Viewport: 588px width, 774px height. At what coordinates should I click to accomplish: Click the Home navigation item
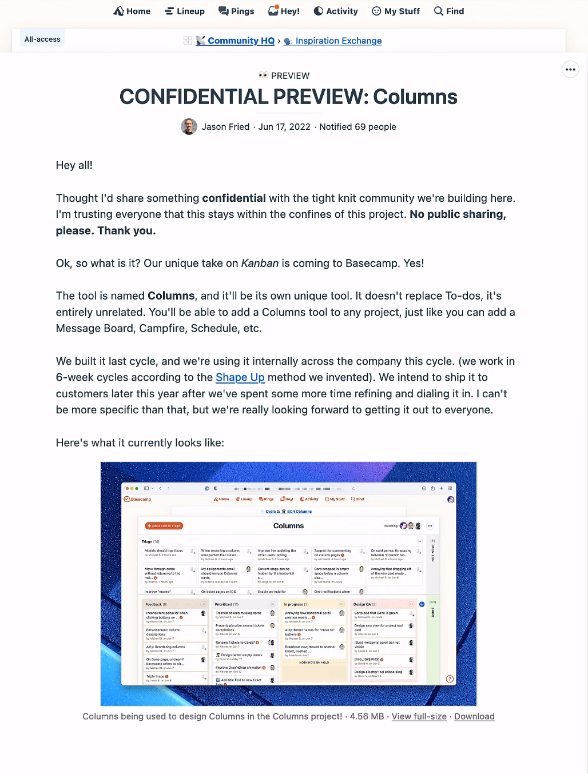point(132,11)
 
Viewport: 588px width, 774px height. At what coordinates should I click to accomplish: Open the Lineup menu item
point(185,11)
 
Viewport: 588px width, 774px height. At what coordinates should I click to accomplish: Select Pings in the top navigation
point(236,11)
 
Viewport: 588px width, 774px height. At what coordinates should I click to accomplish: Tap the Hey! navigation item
point(284,11)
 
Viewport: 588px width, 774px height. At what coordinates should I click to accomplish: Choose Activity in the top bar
point(336,11)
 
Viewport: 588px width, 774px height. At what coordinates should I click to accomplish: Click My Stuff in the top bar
point(396,11)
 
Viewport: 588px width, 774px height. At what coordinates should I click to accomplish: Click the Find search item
point(449,11)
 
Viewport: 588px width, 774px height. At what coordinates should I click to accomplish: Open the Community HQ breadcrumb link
point(240,41)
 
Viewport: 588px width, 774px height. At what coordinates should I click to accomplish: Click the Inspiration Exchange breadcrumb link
point(338,41)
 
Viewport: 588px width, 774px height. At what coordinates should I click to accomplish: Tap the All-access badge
point(42,39)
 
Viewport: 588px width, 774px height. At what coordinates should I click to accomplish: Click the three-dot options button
point(570,69)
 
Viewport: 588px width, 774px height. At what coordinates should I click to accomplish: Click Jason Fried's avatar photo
point(189,127)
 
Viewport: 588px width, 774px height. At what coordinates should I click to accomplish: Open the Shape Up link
point(240,377)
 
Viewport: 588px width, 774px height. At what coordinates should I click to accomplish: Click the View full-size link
point(419,716)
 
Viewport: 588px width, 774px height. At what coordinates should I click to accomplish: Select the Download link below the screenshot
point(474,716)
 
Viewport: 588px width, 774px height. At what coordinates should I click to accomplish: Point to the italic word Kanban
point(260,264)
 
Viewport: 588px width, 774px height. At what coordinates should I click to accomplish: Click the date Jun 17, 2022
point(284,127)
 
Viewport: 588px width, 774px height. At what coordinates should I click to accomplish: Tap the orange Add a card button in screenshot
point(164,525)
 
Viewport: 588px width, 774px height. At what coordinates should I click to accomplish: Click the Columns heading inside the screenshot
point(288,526)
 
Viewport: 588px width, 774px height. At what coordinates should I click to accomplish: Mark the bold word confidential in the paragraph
point(234,198)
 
